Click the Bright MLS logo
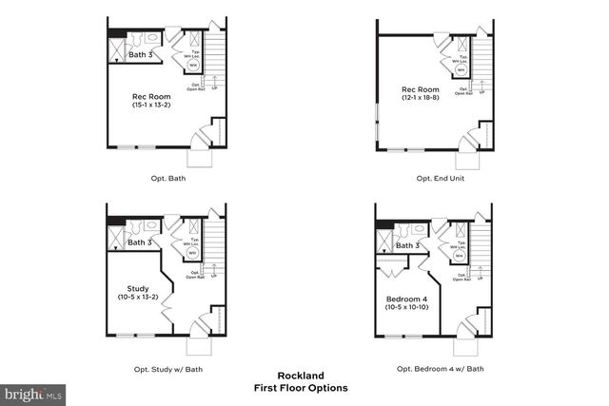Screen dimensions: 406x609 (x=33, y=392)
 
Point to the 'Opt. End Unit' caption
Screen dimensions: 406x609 (x=440, y=178)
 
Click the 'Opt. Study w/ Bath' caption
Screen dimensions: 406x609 (x=167, y=369)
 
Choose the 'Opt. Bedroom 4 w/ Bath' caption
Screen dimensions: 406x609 (x=441, y=369)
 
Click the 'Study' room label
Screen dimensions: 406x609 (x=138, y=288)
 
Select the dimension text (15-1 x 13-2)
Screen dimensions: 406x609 (x=151, y=105)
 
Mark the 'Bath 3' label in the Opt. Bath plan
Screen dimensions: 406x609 (x=139, y=55)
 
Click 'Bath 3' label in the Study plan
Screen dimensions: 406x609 (x=139, y=242)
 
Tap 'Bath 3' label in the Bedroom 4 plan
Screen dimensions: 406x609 (x=407, y=245)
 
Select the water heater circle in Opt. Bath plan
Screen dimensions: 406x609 (x=192, y=67)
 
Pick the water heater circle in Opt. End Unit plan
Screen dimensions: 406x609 (x=461, y=69)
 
